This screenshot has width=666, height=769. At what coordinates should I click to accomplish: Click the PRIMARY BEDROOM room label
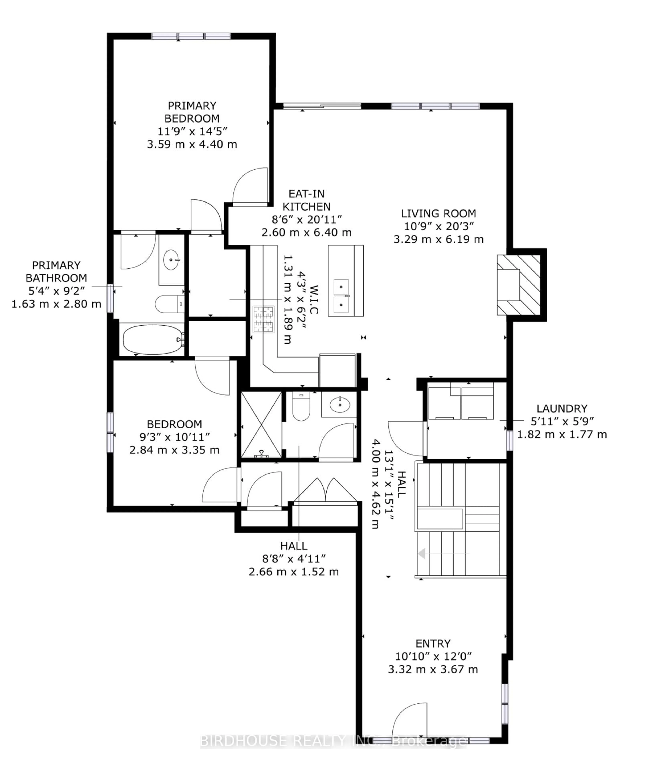pos(192,112)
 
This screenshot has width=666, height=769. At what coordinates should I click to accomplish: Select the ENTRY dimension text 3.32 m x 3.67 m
pos(433,669)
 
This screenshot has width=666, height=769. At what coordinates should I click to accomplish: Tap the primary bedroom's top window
pos(191,36)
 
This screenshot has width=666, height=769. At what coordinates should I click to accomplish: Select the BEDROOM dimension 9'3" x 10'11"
pos(174,437)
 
